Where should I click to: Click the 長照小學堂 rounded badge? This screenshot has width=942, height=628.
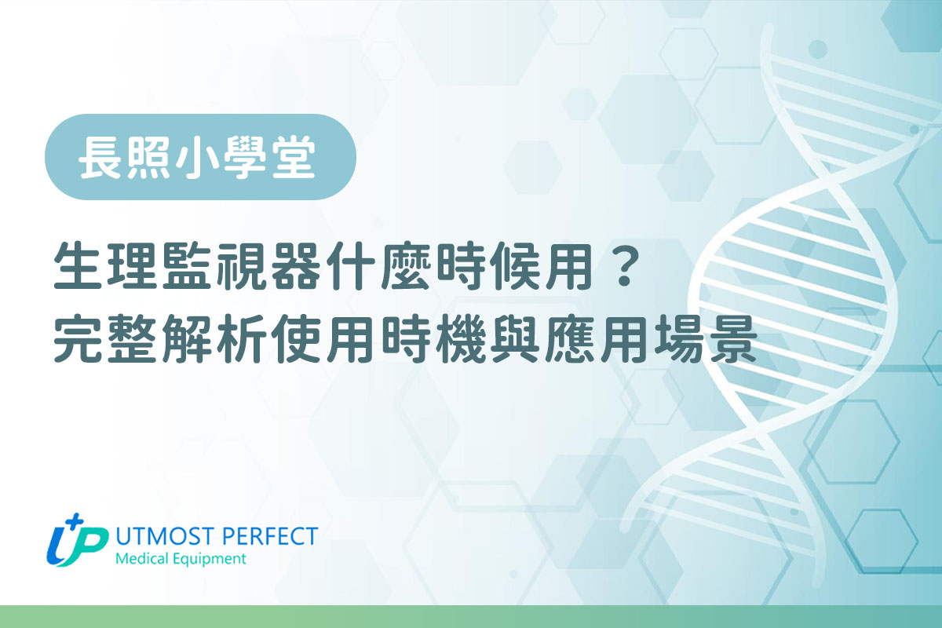[200, 157]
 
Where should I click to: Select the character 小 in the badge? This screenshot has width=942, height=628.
[199, 157]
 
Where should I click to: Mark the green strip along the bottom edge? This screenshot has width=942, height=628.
[471, 616]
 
